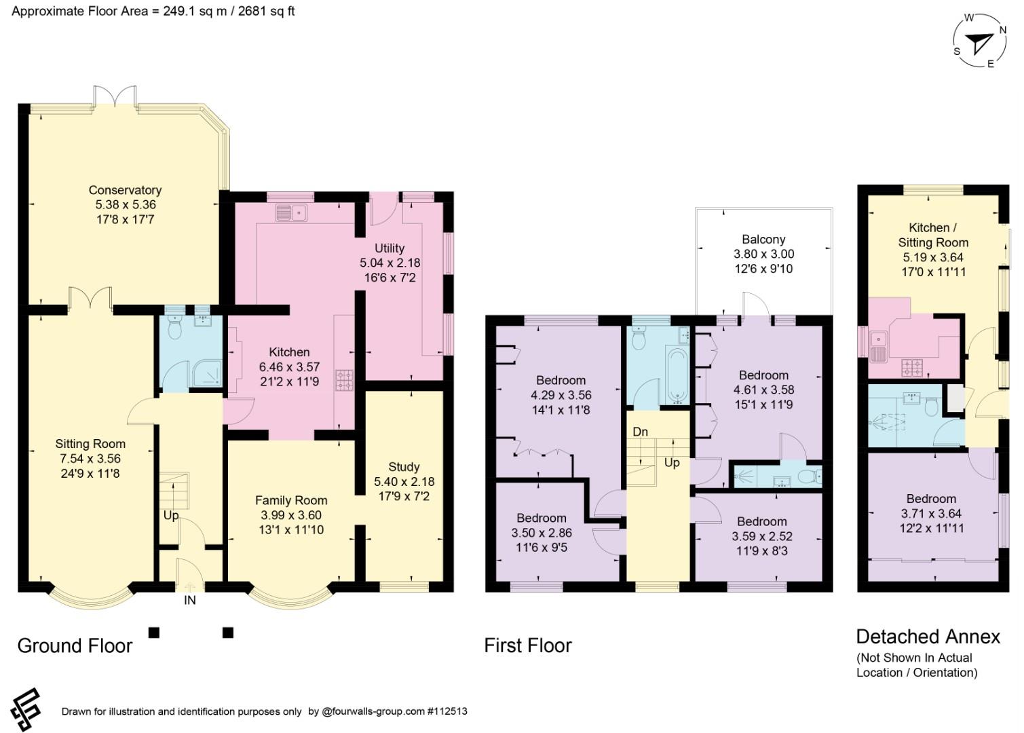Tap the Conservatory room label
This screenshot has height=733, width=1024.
coord(125,190)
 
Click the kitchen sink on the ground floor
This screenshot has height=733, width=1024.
coord(292,213)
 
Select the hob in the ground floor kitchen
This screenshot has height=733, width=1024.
coord(345,381)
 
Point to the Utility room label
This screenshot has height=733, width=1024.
coord(390,248)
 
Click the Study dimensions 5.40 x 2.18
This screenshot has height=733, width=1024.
coord(404,481)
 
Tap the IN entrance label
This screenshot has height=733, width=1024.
coord(190,601)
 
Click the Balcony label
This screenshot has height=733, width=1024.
coord(763,239)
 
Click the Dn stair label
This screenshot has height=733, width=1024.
coord(640,432)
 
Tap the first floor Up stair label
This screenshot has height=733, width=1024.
coord(672,463)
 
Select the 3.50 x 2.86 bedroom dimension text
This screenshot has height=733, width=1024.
coord(542,533)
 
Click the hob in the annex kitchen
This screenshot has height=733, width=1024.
coord(911,368)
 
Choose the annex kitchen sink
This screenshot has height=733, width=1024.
coord(878,347)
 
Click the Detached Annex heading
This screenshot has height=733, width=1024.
coord(928,637)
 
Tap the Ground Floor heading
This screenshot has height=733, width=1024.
coord(75,645)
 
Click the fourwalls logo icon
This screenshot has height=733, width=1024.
coord(26,710)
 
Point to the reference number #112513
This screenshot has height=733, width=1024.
coord(447,711)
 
